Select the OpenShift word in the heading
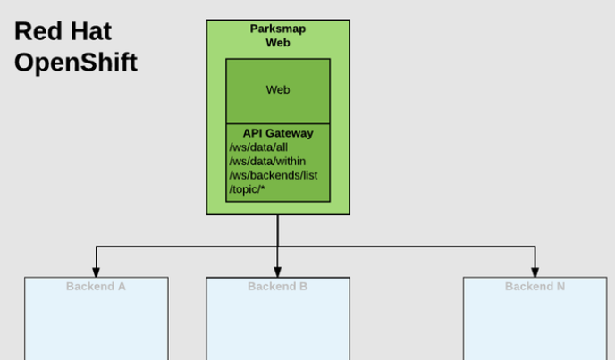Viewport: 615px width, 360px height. [x=76, y=63]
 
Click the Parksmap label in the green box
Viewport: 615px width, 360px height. [x=278, y=29]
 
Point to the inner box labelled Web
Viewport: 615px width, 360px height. [x=278, y=91]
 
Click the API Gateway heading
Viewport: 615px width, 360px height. [x=278, y=133]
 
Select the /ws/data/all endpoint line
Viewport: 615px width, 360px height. [x=258, y=147]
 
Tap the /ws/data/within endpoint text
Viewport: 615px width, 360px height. [x=267, y=162]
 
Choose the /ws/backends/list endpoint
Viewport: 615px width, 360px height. [x=274, y=175]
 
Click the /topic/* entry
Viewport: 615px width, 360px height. [x=247, y=189]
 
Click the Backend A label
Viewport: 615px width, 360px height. [x=96, y=287]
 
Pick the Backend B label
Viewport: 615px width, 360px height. [x=278, y=287]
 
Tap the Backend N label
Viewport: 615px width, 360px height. [x=535, y=287]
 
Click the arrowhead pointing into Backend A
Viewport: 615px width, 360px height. [x=97, y=272]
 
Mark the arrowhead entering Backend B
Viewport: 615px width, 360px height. [x=278, y=272]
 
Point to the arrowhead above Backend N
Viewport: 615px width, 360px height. [x=535, y=272]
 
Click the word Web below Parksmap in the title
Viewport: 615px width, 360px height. [x=278, y=42]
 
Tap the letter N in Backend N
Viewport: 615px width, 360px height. [x=560, y=287]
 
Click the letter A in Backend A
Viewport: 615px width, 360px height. [x=122, y=287]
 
